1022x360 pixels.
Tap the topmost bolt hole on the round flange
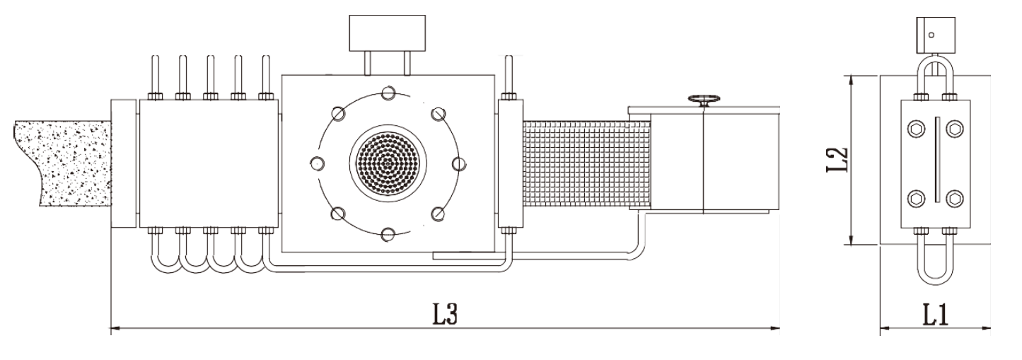pyautogui.click(x=388, y=92)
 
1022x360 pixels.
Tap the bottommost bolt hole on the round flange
pyautogui.click(x=388, y=234)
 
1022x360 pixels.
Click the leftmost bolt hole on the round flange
pyautogui.click(x=316, y=163)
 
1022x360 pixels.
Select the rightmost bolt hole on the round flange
pyautogui.click(x=458, y=163)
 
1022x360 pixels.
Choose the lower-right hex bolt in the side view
pyautogui.click(x=954, y=197)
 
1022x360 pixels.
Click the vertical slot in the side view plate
pyautogui.click(x=936, y=163)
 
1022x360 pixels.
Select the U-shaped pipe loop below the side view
pyautogui.click(x=934, y=265)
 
